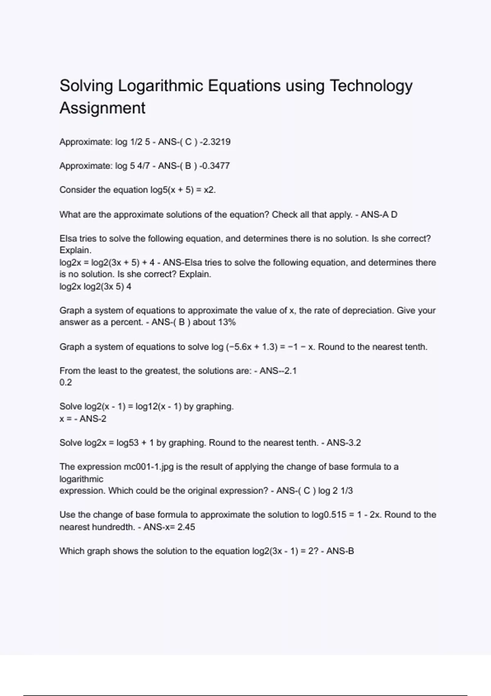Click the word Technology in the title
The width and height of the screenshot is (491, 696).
[x=371, y=86]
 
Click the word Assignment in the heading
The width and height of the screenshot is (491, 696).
[x=102, y=108]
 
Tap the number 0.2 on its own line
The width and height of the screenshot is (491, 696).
[x=65, y=382]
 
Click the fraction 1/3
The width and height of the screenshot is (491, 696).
[x=347, y=491]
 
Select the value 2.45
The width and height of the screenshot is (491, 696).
[x=186, y=527]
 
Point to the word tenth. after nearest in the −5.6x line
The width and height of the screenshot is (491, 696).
[x=416, y=347]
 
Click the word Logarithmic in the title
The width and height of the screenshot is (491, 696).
[x=161, y=86]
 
